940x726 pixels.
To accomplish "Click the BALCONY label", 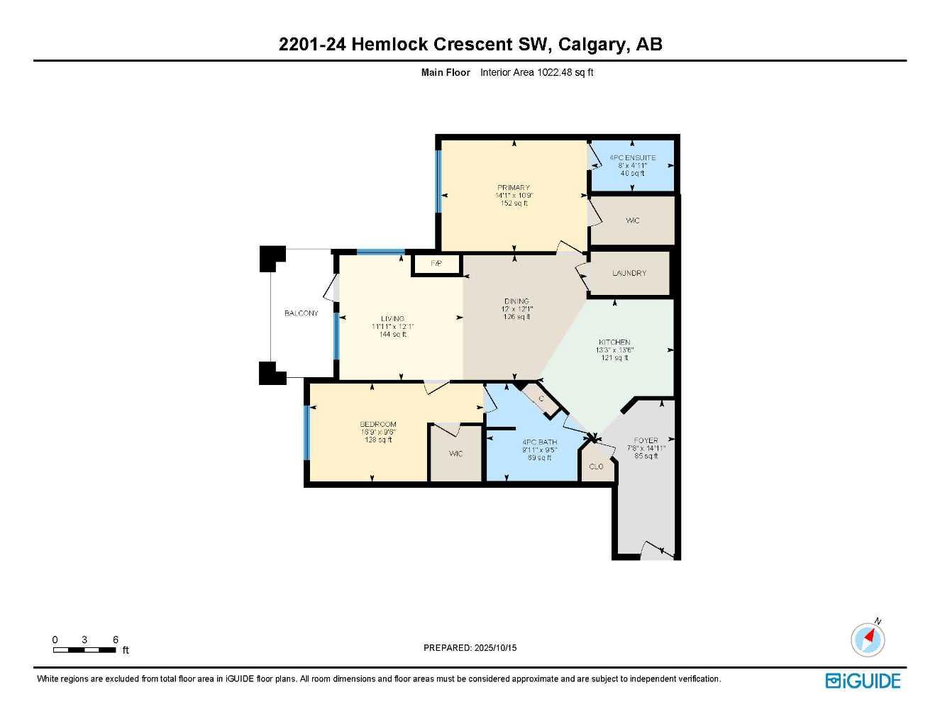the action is pos(301,313).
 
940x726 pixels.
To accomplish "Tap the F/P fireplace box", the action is pos(436,264).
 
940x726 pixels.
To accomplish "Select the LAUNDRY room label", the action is pos(629,273).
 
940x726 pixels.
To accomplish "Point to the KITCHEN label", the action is pos(614,342).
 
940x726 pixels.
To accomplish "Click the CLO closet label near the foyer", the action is pos(596,467).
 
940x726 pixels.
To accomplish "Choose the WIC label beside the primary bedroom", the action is pos(632,220).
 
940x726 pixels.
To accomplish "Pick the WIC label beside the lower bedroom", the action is pos(455,454).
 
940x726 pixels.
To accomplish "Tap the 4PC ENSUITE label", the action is pos(632,157).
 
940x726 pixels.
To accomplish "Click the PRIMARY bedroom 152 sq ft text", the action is pos(514,203).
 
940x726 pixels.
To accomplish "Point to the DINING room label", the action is pos(516,301).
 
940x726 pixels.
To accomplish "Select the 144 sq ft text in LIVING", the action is pos(393,335).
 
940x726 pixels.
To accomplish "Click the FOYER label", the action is pos(646,440).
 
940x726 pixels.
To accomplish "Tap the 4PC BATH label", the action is pos(539,442).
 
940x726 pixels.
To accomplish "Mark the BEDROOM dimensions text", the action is pos(379,432).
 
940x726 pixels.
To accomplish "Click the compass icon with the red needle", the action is pos(868,640).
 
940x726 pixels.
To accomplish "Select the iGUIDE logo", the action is pos(863,681).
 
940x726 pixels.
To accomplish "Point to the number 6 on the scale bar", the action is pos(116,640).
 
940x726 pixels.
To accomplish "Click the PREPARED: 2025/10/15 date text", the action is pos(470,648).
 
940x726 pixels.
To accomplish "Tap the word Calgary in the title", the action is pos(591,45).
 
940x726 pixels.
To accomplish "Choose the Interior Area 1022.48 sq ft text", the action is pos(536,72).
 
